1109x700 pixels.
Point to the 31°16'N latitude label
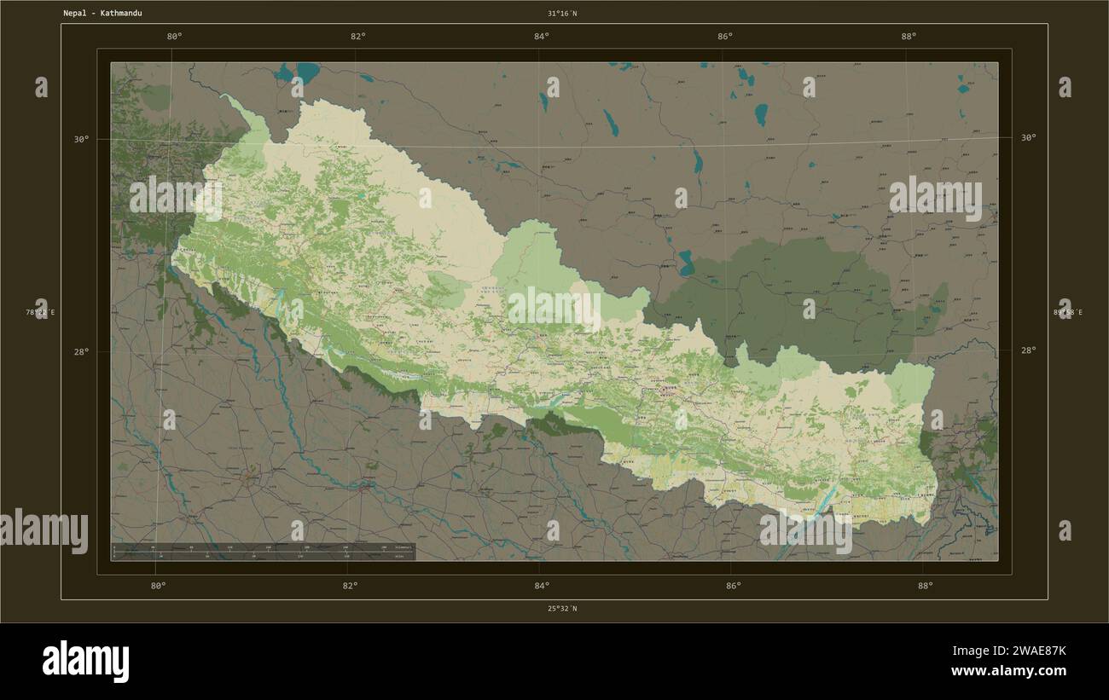point(562,14)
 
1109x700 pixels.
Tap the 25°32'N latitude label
point(562,609)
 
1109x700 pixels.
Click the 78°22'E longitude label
point(40,313)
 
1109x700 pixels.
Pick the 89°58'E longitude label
point(1067,313)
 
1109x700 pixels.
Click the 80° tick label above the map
point(175,36)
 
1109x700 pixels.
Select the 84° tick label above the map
point(542,36)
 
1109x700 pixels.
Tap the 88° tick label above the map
point(909,36)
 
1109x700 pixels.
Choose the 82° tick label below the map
point(350,586)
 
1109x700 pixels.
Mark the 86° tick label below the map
point(734,586)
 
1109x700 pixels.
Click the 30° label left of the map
point(80,139)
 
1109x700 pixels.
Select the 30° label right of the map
point(1028,137)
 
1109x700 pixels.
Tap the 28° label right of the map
point(1028,350)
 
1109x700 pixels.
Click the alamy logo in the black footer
point(85,662)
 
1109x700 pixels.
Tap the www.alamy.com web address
point(1009,672)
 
